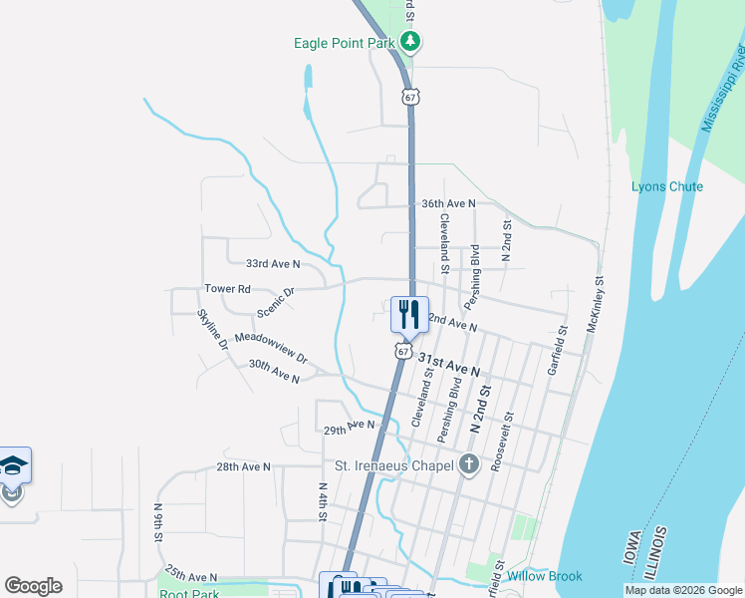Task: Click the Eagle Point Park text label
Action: [345, 43]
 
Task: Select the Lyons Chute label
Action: [666, 186]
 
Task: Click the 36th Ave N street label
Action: [448, 203]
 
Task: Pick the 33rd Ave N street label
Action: [273, 264]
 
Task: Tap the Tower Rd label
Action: [227, 289]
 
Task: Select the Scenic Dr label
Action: [276, 303]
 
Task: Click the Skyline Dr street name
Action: [212, 329]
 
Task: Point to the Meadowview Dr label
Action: [271, 347]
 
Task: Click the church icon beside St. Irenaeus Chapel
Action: [469, 465]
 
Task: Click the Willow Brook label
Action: [544, 576]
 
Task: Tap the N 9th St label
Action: [158, 522]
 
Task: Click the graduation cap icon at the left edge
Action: [14, 464]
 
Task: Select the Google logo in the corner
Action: [33, 586]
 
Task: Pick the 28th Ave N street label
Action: [244, 466]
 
